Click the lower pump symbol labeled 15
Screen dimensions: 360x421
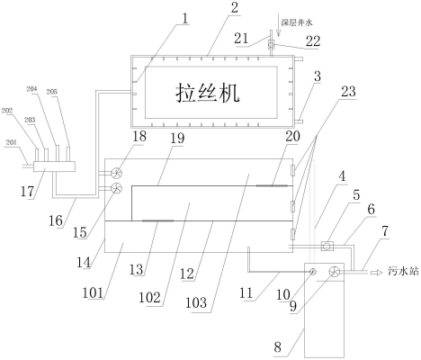point(115,187)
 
